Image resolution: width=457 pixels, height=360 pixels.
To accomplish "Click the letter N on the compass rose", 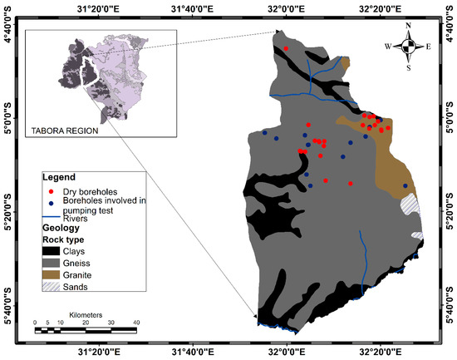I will [408, 26].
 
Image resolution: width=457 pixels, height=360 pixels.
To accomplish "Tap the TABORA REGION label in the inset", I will [62, 131].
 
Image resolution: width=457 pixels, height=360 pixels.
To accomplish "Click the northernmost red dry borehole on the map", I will [287, 49].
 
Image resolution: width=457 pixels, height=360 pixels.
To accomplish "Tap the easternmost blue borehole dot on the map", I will [405, 186].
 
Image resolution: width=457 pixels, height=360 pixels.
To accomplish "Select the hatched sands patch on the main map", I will [410, 204].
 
